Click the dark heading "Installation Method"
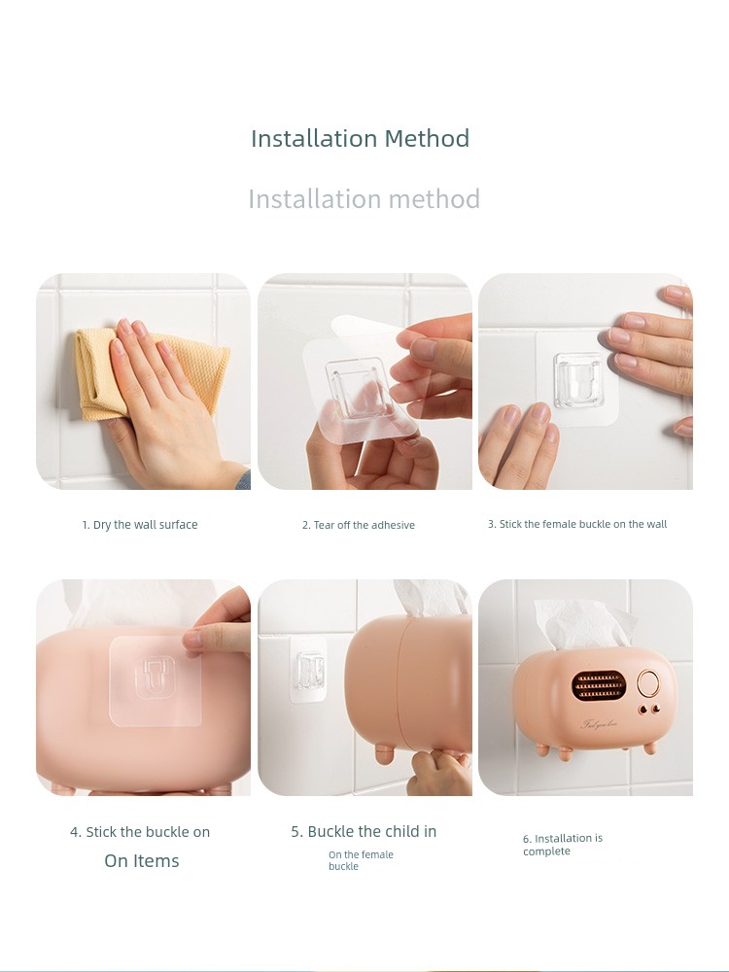point(361,138)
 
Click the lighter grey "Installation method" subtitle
point(364,199)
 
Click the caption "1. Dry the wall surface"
point(140,525)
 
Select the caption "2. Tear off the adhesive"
point(359,525)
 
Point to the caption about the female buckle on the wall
point(577,524)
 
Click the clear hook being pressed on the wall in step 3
point(579,380)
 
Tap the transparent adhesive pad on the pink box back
point(155,680)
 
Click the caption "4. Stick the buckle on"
point(140,832)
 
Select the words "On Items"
point(142,860)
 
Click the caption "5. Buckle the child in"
point(364,831)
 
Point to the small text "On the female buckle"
point(361,860)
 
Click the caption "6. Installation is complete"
point(562,845)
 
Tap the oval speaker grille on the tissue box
point(598,684)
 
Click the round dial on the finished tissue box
point(648,683)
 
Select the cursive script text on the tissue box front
point(599,724)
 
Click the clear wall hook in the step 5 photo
point(309,670)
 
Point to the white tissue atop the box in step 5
point(432,597)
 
